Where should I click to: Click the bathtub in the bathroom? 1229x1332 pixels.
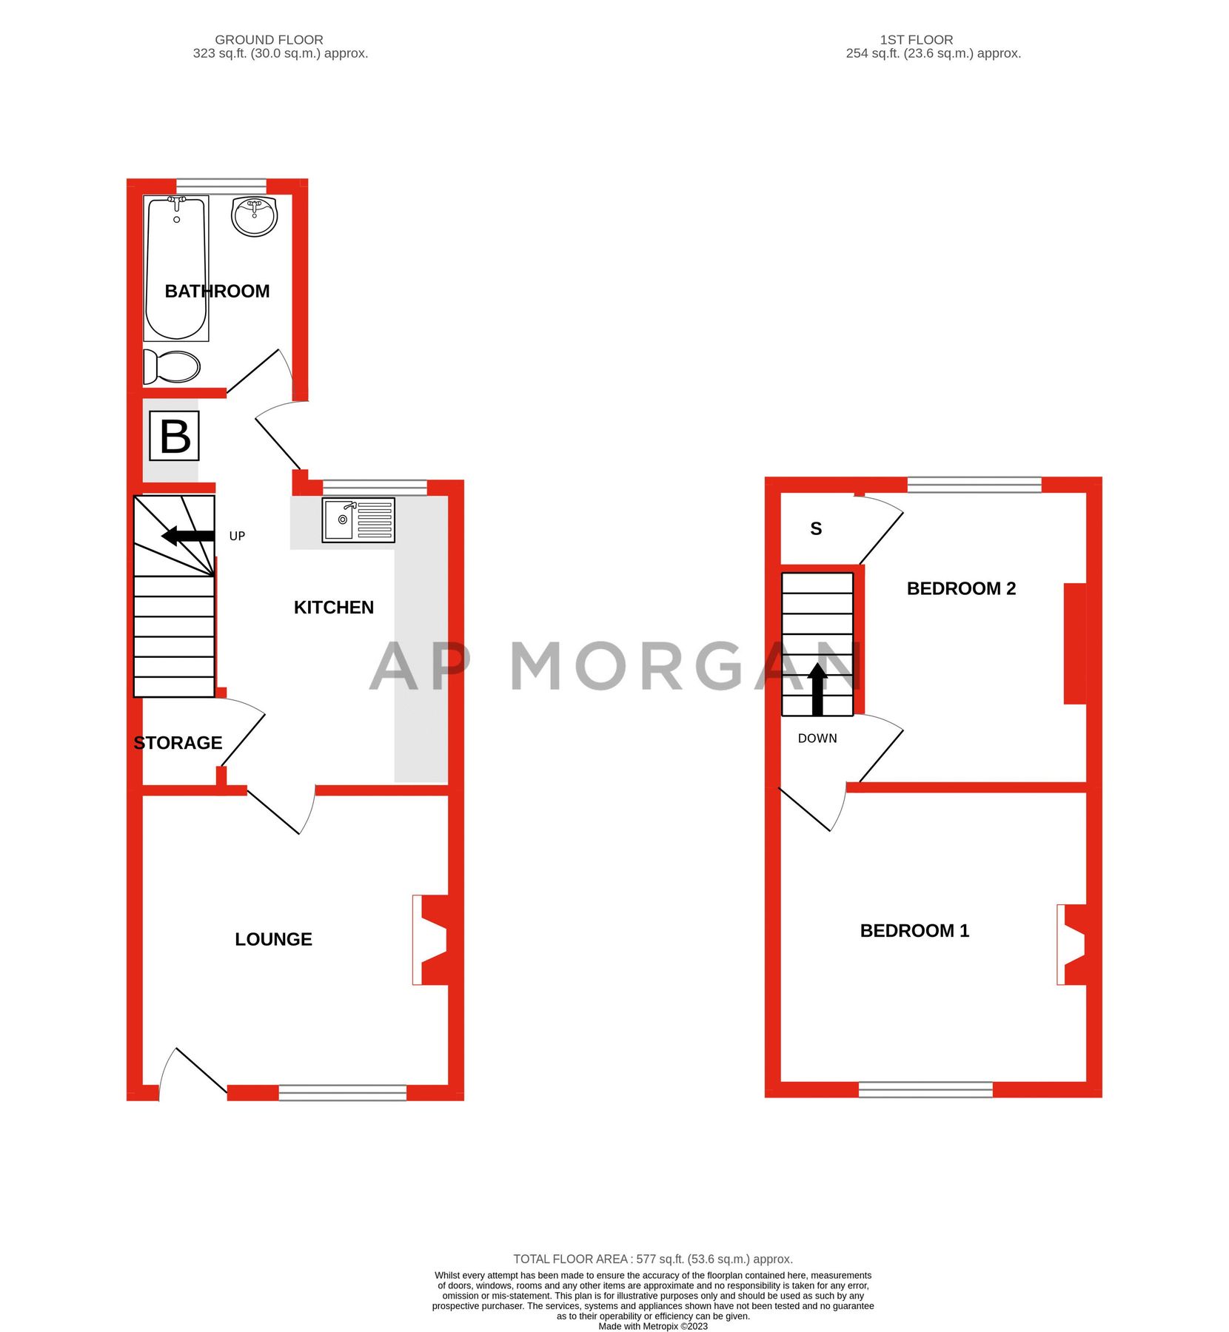click(x=176, y=268)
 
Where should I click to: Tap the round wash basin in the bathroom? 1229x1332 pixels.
click(x=254, y=216)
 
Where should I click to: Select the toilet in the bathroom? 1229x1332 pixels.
click(x=173, y=367)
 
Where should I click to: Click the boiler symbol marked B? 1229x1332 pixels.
click(x=175, y=436)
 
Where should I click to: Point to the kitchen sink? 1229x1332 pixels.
click(x=358, y=519)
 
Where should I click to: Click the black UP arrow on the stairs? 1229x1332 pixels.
click(x=188, y=536)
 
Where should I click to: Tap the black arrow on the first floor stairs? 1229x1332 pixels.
click(x=817, y=689)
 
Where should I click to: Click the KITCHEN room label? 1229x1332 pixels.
click(x=334, y=608)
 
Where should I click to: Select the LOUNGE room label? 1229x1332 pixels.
click(x=273, y=939)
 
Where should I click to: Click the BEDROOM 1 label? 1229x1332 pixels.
click(x=914, y=930)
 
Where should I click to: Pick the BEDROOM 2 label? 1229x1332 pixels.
click(x=961, y=588)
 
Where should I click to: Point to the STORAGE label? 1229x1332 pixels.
click(x=178, y=743)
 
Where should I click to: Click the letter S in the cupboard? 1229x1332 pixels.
click(x=816, y=528)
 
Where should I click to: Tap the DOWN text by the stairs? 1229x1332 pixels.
click(x=817, y=739)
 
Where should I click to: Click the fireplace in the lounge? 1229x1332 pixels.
click(x=432, y=940)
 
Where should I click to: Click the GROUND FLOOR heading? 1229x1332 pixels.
click(x=269, y=40)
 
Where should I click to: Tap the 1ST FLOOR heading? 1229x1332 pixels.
click(x=917, y=40)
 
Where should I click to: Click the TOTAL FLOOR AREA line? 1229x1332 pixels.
click(x=653, y=1259)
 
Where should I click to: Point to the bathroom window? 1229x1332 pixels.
click(x=221, y=184)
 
